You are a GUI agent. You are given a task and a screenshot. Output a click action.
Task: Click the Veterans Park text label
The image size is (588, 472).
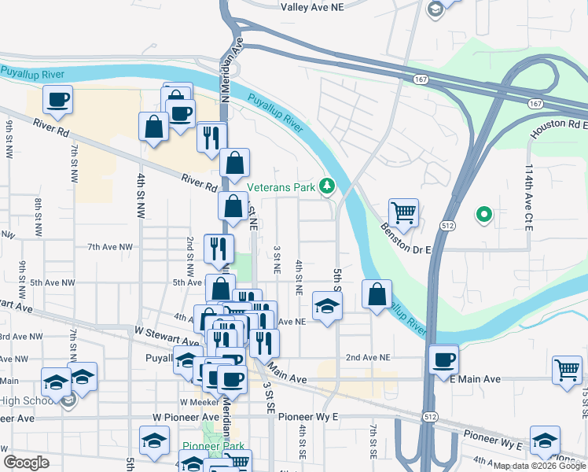[x=281, y=187]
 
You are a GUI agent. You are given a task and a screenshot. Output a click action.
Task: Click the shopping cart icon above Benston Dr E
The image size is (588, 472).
[x=403, y=212]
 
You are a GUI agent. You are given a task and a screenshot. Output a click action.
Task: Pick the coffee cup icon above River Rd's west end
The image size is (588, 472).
[x=57, y=100]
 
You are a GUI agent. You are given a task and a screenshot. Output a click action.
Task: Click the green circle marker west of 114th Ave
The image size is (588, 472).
[x=485, y=213]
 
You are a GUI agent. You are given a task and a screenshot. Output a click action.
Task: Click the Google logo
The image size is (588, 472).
[x=27, y=462]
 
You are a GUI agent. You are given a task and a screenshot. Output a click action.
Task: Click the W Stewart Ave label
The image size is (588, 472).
[x=167, y=336]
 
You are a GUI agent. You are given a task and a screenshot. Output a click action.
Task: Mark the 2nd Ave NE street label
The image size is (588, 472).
[x=368, y=357]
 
